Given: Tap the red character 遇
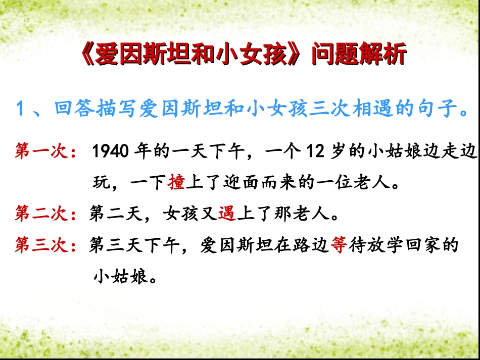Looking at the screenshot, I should tap(227, 215).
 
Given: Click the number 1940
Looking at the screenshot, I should tap(110, 151).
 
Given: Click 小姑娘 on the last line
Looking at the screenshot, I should tap(120, 277).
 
